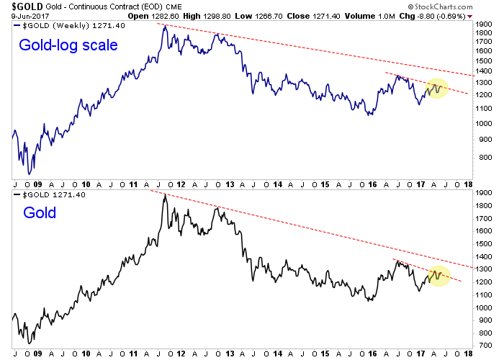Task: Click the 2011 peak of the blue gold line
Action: click(x=164, y=25)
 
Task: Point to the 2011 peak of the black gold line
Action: click(x=164, y=194)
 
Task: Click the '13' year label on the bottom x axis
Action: click(x=230, y=354)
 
